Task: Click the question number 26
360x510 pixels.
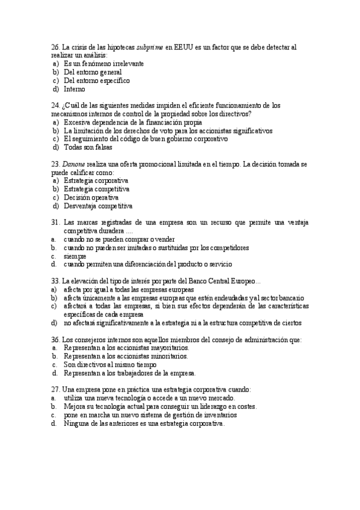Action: click(x=55, y=47)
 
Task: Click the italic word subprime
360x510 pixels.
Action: click(x=149, y=47)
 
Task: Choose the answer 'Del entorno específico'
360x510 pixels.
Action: click(x=96, y=80)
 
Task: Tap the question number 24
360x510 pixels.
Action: click(x=55, y=105)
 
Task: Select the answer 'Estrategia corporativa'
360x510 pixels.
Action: click(x=96, y=180)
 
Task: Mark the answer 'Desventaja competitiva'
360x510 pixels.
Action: click(x=97, y=206)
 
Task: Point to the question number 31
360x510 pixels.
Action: click(x=55, y=223)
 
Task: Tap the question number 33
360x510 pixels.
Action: click(x=55, y=281)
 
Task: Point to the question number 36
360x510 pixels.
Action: click(x=55, y=340)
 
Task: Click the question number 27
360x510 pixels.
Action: click(x=55, y=390)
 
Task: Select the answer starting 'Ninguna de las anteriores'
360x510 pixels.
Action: click(x=144, y=423)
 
